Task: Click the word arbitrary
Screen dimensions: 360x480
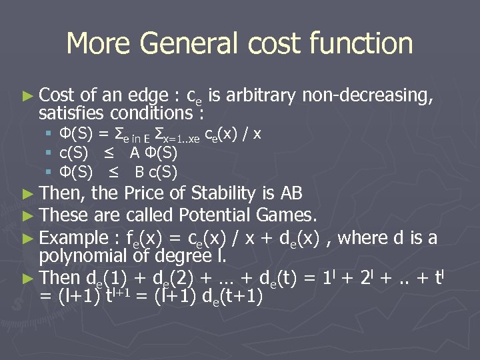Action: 263,96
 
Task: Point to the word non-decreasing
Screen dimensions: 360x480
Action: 368,96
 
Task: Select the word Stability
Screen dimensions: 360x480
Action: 223,194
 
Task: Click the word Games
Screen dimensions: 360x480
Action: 289,216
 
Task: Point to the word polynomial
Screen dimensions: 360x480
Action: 83,255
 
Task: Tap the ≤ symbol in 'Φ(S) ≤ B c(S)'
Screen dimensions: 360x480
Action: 113,172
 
